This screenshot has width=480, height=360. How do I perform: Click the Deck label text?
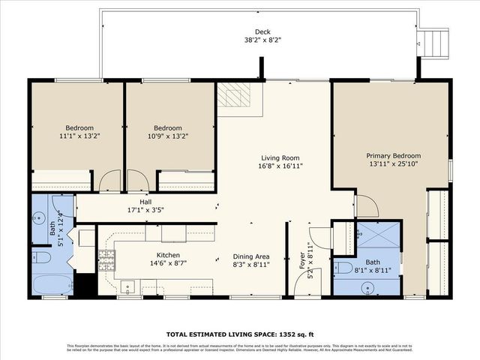click(262, 32)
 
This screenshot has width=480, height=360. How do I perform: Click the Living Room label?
click(280, 157)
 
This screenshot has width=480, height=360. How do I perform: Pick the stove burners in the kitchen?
click(106, 262)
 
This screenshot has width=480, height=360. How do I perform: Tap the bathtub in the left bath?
click(52, 284)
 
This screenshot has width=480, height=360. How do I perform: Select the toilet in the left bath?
click(41, 258)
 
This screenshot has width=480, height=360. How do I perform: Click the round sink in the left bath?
click(39, 218)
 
